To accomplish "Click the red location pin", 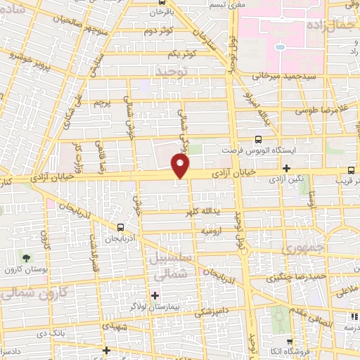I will pos(181,166).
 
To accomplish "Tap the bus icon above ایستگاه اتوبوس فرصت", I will pos(258,139).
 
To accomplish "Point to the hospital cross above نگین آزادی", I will pos(286,168).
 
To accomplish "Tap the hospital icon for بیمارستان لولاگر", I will pos(155,296).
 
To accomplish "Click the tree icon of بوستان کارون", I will pos(27,258).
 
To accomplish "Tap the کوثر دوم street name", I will pos(159,32).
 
